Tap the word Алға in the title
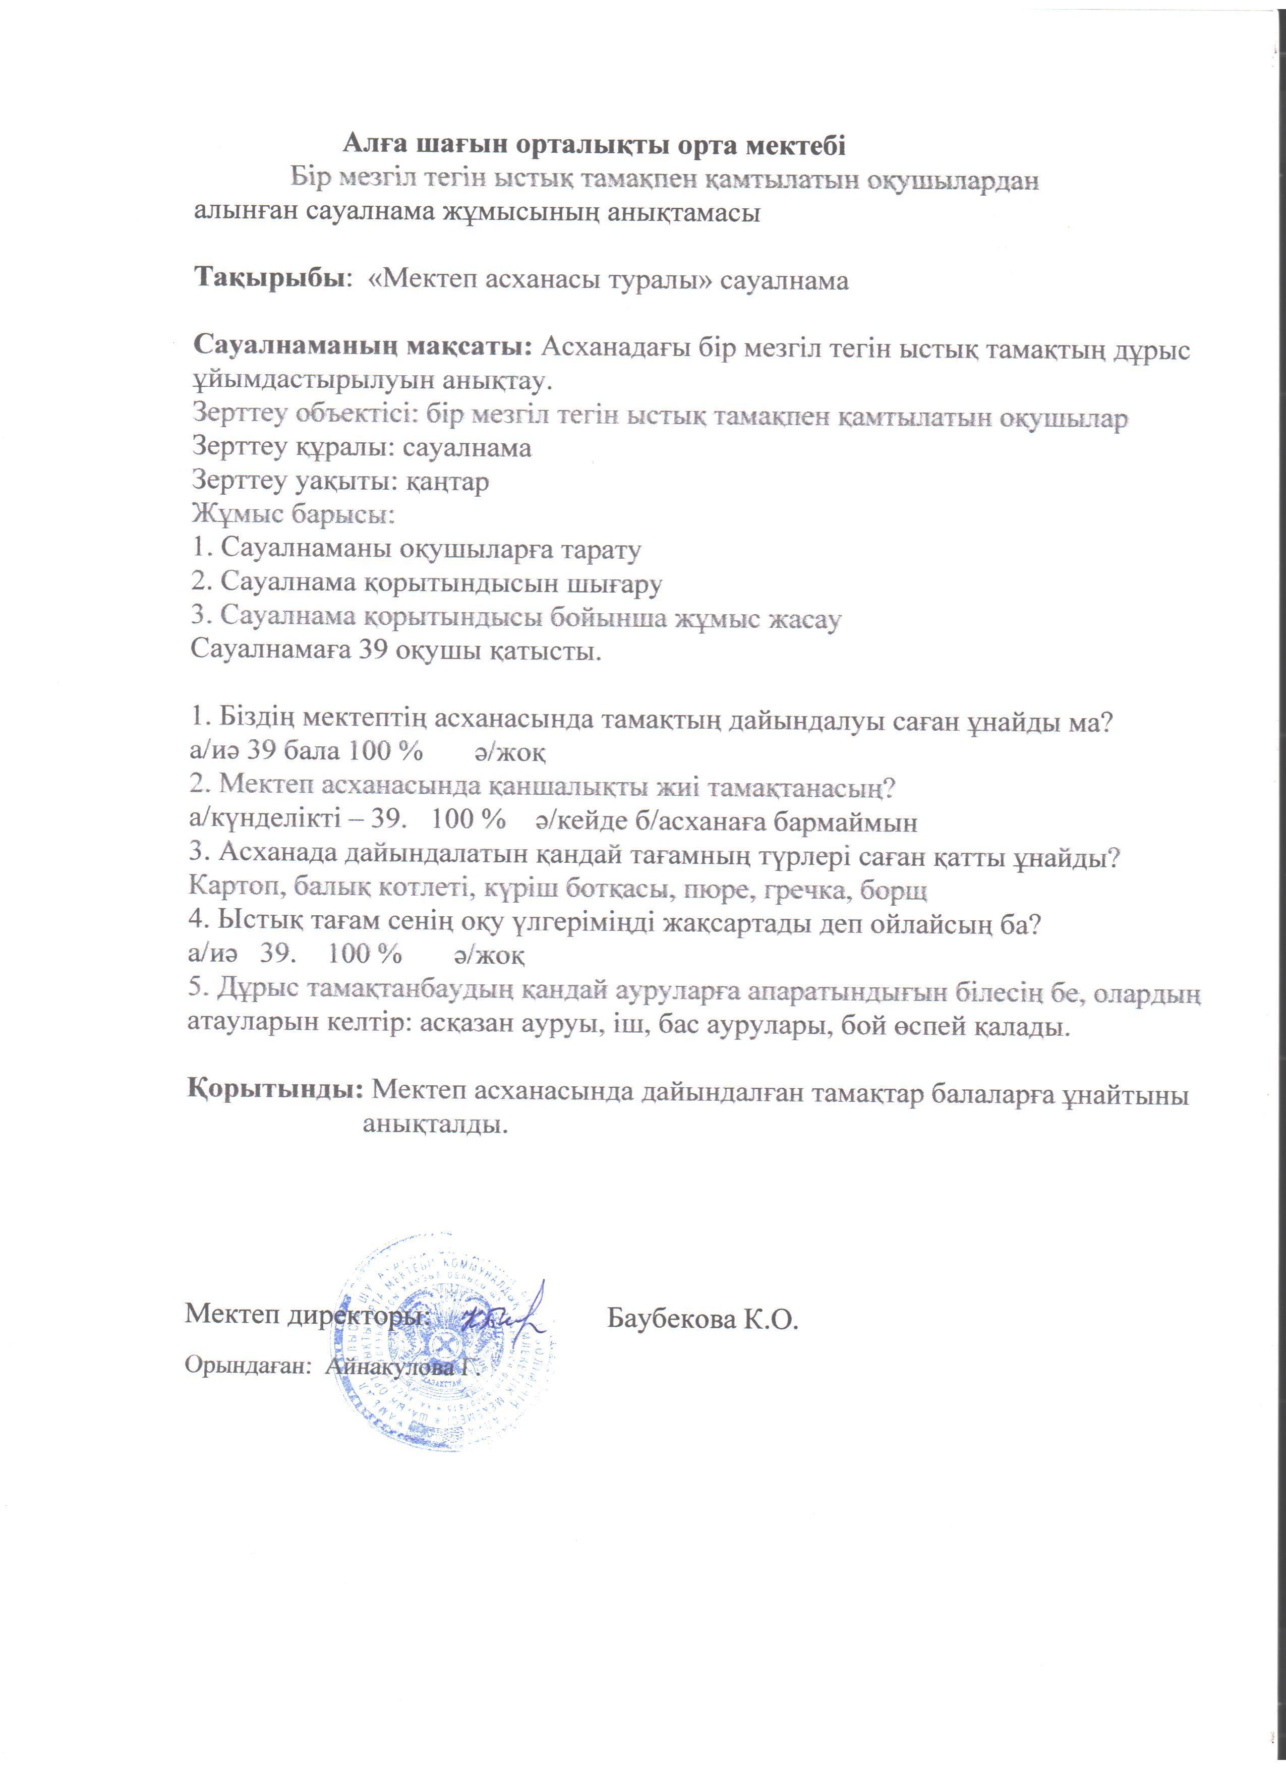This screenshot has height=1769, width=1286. (377, 145)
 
